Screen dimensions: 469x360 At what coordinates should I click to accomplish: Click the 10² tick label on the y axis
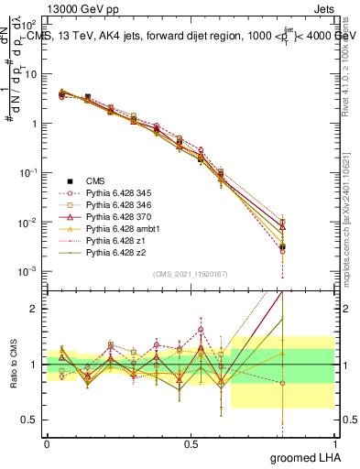[x=28, y=24]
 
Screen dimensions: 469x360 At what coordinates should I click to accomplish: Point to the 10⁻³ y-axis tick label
[x=28, y=272]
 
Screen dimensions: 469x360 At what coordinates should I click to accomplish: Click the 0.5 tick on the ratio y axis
[x=32, y=420]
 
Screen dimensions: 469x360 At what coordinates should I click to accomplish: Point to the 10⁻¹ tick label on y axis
[x=28, y=173]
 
